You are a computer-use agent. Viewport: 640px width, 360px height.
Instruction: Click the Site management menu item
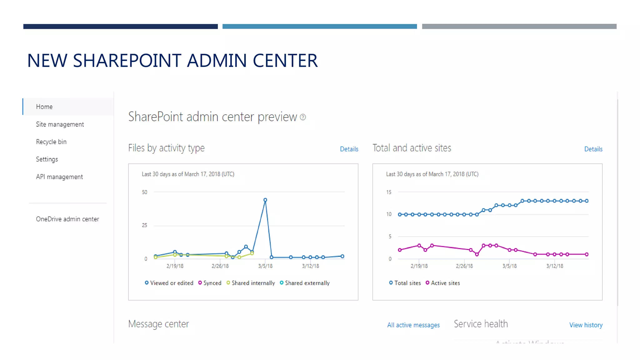tap(60, 124)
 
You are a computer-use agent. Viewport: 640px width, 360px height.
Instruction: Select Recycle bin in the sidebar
tap(51, 142)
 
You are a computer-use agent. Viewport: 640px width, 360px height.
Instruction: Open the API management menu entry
tap(59, 177)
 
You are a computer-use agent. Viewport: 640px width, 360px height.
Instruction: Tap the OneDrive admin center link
tap(67, 219)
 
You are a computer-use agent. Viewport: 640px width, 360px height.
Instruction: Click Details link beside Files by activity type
tap(349, 149)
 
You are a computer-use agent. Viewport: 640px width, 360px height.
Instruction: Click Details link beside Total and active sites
tap(593, 149)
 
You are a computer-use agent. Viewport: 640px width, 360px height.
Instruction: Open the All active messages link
tap(413, 325)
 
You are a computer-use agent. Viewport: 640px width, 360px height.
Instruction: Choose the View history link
tap(586, 325)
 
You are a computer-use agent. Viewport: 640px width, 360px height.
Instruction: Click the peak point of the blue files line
tap(265, 200)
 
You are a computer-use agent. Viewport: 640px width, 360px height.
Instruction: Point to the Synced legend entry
tap(210, 283)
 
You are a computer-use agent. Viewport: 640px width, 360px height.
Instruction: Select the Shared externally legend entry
tap(305, 283)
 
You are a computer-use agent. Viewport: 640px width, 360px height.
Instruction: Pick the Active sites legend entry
tap(443, 283)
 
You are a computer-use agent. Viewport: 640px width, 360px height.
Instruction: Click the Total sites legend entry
tap(405, 283)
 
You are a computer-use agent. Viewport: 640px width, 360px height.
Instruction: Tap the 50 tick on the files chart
tap(144, 192)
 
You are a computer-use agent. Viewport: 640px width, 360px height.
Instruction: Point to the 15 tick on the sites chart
tap(389, 192)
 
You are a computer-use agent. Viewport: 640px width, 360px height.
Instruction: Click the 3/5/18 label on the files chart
tap(265, 266)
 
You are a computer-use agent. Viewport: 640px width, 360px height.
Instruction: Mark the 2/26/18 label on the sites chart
tap(464, 266)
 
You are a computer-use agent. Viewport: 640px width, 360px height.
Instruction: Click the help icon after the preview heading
tap(303, 117)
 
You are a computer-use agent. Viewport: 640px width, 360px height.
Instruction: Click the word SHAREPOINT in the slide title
tap(127, 61)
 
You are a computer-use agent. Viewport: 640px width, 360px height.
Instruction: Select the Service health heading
tap(481, 324)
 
